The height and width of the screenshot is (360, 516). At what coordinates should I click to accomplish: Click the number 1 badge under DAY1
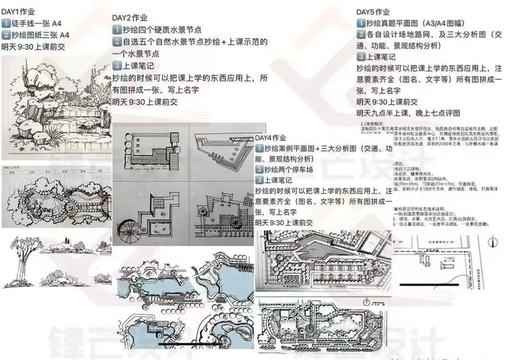[6, 23]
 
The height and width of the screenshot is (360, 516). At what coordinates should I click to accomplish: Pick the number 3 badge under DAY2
[118, 66]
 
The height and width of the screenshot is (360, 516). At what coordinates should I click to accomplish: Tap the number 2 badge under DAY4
[260, 170]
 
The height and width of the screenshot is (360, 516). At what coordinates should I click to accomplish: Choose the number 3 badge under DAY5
[362, 57]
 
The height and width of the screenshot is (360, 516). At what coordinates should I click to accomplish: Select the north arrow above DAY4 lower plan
[366, 302]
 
